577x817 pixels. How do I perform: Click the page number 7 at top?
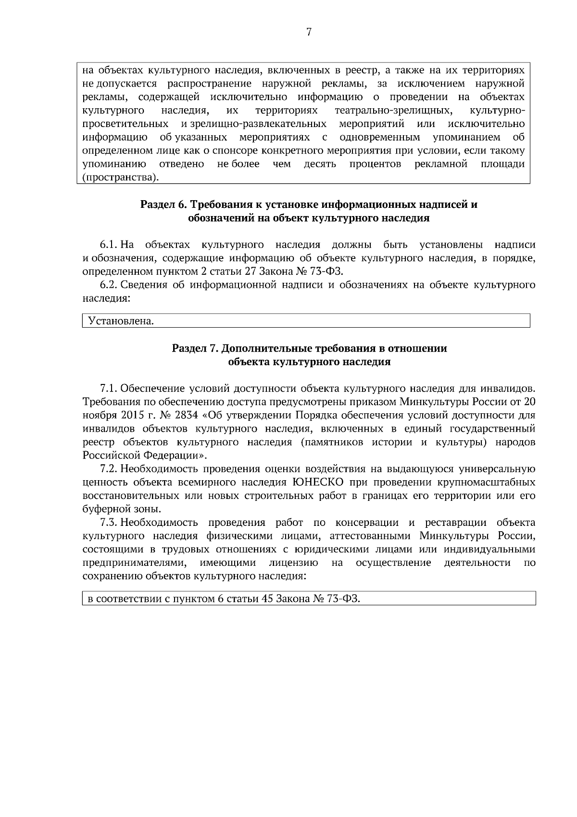pos(309,32)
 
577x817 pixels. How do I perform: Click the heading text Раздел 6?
pos(163,204)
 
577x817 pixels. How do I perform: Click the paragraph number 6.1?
pos(108,245)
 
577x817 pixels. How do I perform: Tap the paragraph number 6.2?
pos(108,285)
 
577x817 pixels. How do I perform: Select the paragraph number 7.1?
pos(108,388)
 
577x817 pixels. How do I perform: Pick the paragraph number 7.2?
pos(108,469)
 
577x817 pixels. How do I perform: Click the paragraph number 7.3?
pos(108,523)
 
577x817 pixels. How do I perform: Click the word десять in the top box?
pos(320,164)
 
